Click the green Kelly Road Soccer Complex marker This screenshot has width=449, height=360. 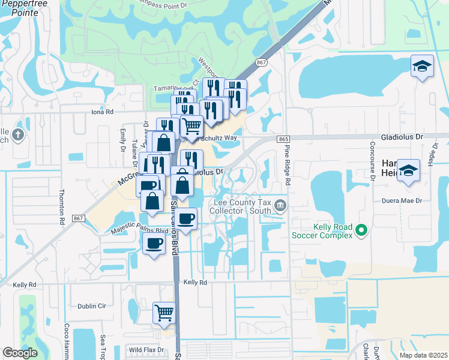coord(361,229)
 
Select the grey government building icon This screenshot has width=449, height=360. coord(280,207)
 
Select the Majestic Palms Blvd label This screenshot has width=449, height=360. coord(140,230)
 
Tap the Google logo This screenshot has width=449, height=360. coord(20,352)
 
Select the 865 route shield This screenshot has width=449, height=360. coord(284,139)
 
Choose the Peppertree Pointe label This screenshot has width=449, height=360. coord(20,8)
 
